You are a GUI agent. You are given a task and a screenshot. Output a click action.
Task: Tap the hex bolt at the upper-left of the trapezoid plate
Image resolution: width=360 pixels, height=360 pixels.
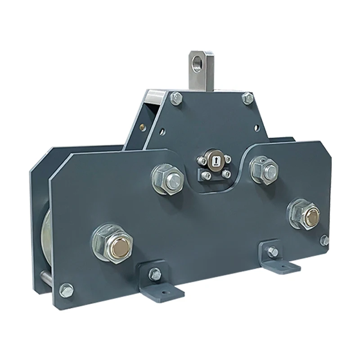pos(176,99)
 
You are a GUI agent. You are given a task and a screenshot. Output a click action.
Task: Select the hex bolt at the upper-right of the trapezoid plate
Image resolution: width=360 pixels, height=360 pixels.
pos(247,98)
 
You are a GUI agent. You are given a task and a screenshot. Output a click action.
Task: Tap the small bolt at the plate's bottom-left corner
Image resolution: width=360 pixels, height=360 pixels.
pos(67,290)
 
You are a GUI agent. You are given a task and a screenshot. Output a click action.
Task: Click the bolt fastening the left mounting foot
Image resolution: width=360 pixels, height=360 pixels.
pos(155,273)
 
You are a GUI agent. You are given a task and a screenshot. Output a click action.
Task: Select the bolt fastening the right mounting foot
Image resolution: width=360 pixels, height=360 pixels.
pos(273,252)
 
